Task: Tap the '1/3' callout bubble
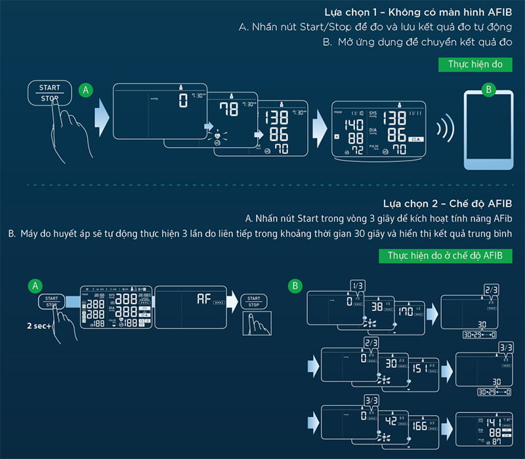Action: pyautogui.click(x=357, y=286)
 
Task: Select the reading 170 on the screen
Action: pyautogui.click(x=406, y=311)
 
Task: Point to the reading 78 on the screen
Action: pyautogui.click(x=228, y=109)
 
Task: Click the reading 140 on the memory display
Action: pyautogui.click(x=354, y=125)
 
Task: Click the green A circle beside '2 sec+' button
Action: pyautogui.click(x=35, y=285)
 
